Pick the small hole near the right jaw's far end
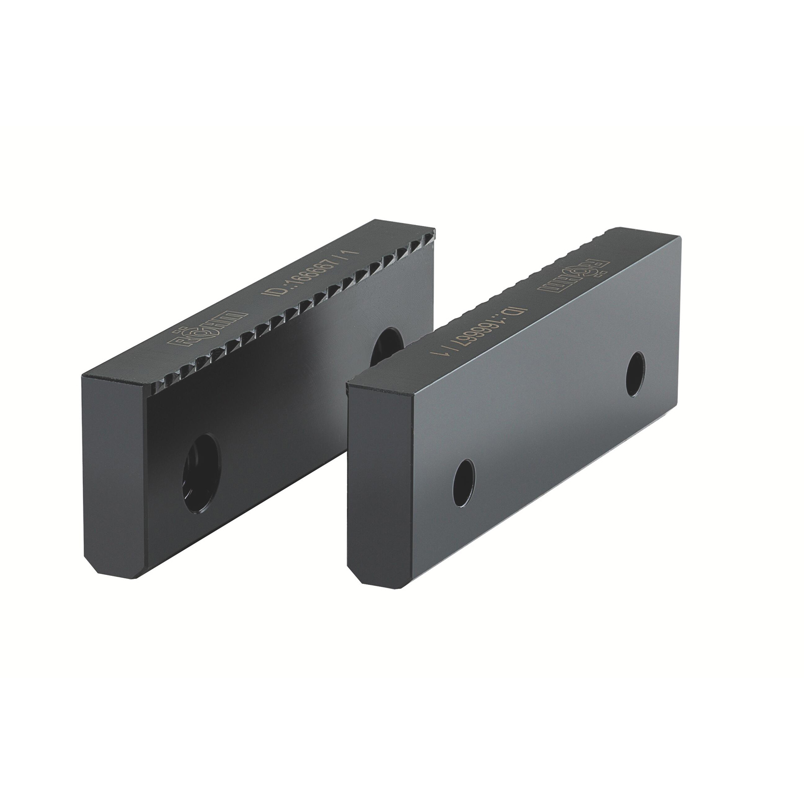(636, 374)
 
